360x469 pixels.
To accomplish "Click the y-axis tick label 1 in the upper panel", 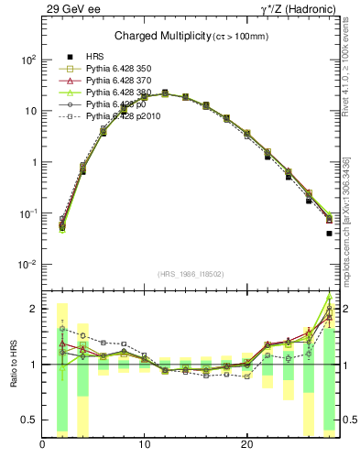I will click(33, 162).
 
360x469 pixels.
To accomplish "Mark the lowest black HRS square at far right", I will click(329, 234).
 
